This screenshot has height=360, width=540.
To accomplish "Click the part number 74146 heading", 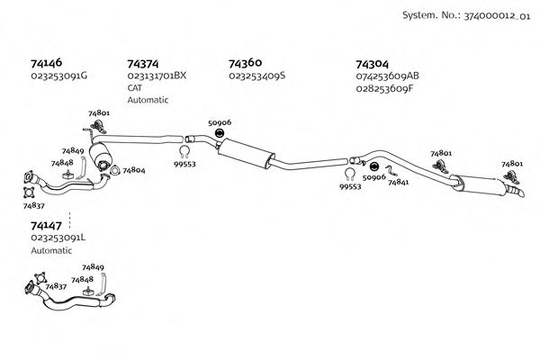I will coord(46,64).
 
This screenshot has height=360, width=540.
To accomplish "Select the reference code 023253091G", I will coord(59,76).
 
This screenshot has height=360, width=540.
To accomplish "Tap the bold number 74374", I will coord(143,64).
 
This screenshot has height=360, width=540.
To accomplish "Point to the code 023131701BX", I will coord(157,76).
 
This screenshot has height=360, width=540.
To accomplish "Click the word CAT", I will coord(135,88).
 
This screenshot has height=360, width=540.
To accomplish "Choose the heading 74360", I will coord(246,64).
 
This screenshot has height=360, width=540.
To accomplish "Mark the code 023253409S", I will coord(256,76).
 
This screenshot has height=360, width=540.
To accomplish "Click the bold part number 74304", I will coord(373,64).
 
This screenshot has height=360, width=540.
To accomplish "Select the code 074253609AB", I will coord(388,76).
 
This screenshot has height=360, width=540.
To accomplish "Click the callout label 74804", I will coord(133,169).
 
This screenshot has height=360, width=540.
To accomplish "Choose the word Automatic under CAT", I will coord(148,100).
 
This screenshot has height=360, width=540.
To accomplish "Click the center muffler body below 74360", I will coord(247,152).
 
